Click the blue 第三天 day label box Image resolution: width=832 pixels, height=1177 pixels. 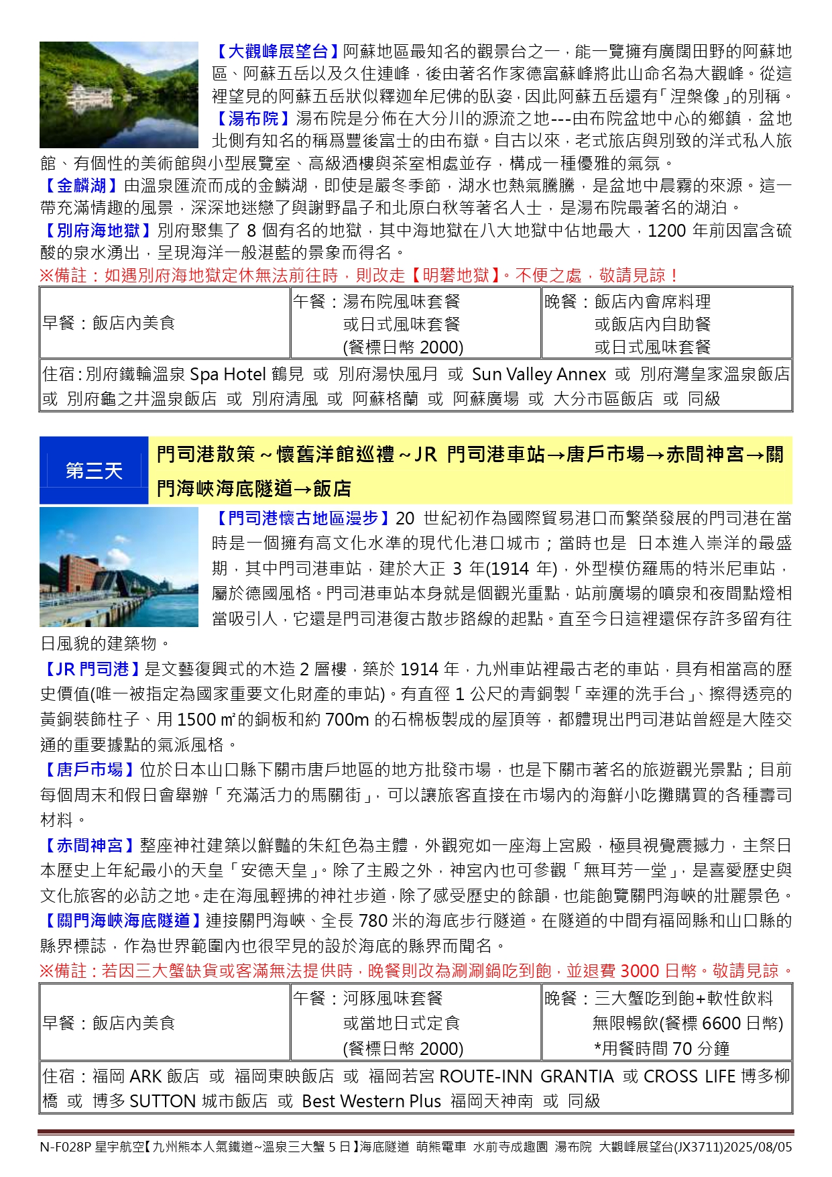[x=94, y=470]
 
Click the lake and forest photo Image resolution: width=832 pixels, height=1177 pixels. [x=119, y=95]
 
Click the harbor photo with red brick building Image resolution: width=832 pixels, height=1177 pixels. [x=119, y=567]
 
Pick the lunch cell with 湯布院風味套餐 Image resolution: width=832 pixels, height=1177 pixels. [x=416, y=323]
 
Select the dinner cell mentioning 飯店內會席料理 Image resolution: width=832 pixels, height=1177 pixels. [x=666, y=323]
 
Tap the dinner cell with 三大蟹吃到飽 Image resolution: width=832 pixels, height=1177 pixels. [x=666, y=1023]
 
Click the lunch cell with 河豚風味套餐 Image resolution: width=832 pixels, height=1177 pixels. [x=416, y=1023]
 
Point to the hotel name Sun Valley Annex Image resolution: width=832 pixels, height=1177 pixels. [x=539, y=374]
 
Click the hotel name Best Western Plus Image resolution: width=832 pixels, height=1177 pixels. [x=371, y=1101]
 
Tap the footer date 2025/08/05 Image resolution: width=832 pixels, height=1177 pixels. [x=758, y=1147]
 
